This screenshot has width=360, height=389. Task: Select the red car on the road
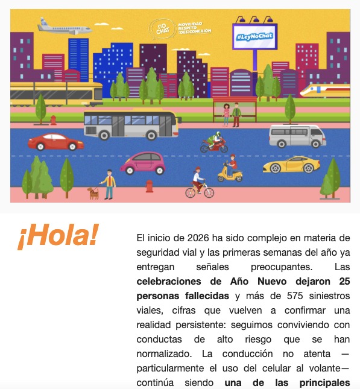pos(56,142)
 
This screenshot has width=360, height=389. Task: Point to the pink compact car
pos(143,162)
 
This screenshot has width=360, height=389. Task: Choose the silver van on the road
pos(297,136)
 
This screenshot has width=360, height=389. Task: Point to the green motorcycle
pos(213,143)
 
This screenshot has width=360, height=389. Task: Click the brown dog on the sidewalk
pos(93,193)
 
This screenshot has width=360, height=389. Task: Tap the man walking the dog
pos(109,184)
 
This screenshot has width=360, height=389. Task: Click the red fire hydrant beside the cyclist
pos(149,186)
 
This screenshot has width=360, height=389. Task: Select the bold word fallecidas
pos(201,296)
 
